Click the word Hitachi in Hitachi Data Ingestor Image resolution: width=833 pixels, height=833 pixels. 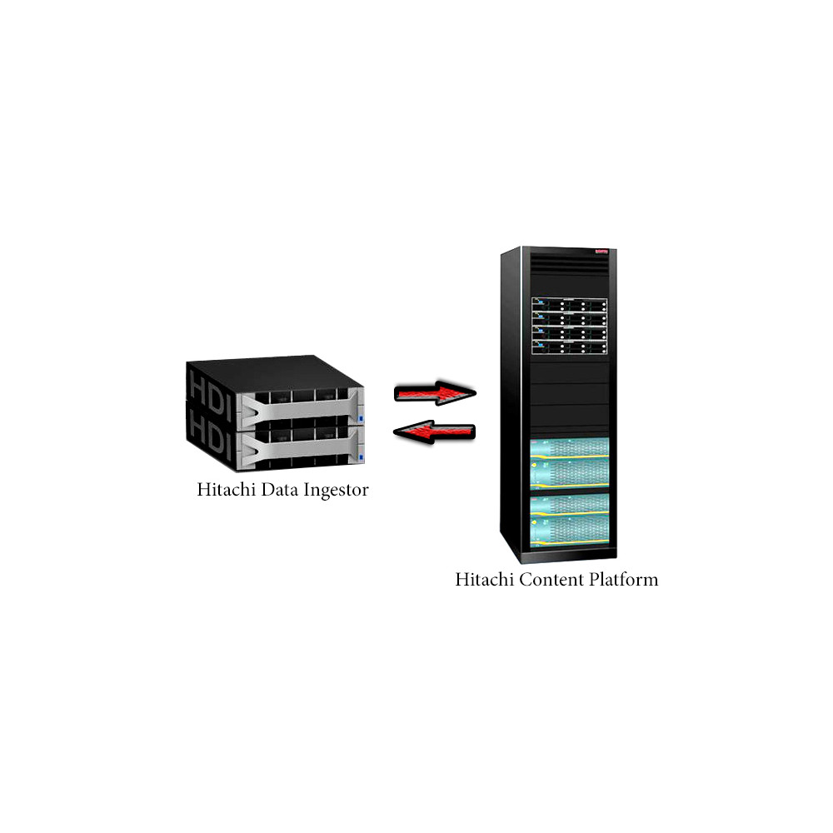[227, 489]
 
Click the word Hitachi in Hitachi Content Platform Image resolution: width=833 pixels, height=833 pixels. [485, 579]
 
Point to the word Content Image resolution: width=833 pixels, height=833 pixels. [546, 579]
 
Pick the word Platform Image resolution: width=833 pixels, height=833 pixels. [619, 579]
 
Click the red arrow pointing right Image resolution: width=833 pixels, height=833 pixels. [435, 392]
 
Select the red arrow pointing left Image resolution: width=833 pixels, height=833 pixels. [434, 431]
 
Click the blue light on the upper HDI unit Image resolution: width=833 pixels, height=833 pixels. [362, 419]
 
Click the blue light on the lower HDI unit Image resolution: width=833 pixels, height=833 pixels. [362, 457]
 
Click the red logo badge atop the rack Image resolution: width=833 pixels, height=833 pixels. [603, 251]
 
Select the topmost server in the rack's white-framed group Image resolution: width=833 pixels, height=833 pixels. [569, 306]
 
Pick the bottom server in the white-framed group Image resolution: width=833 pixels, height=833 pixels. [569, 347]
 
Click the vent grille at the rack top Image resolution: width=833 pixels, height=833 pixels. [569, 264]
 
